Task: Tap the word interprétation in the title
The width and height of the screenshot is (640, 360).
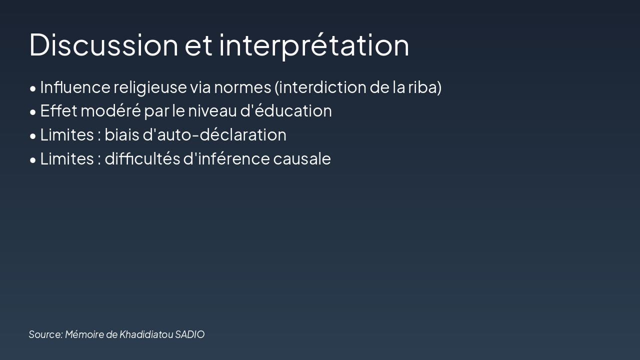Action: pyautogui.click(x=314, y=45)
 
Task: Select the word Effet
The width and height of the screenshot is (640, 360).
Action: pyautogui.click(x=58, y=110)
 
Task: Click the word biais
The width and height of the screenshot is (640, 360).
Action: pyautogui.click(x=121, y=134)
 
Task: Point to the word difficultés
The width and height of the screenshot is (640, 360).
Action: pyautogui.click(x=142, y=158)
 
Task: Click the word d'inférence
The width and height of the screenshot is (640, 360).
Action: pyautogui.click(x=226, y=158)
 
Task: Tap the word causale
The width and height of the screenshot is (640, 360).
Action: pyautogui.click(x=302, y=158)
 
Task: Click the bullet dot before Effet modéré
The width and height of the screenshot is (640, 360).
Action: pyautogui.click(x=32, y=112)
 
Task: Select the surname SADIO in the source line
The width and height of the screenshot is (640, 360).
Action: pyautogui.click(x=189, y=334)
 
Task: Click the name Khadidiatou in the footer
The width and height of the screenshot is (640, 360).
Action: pyautogui.click(x=146, y=334)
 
